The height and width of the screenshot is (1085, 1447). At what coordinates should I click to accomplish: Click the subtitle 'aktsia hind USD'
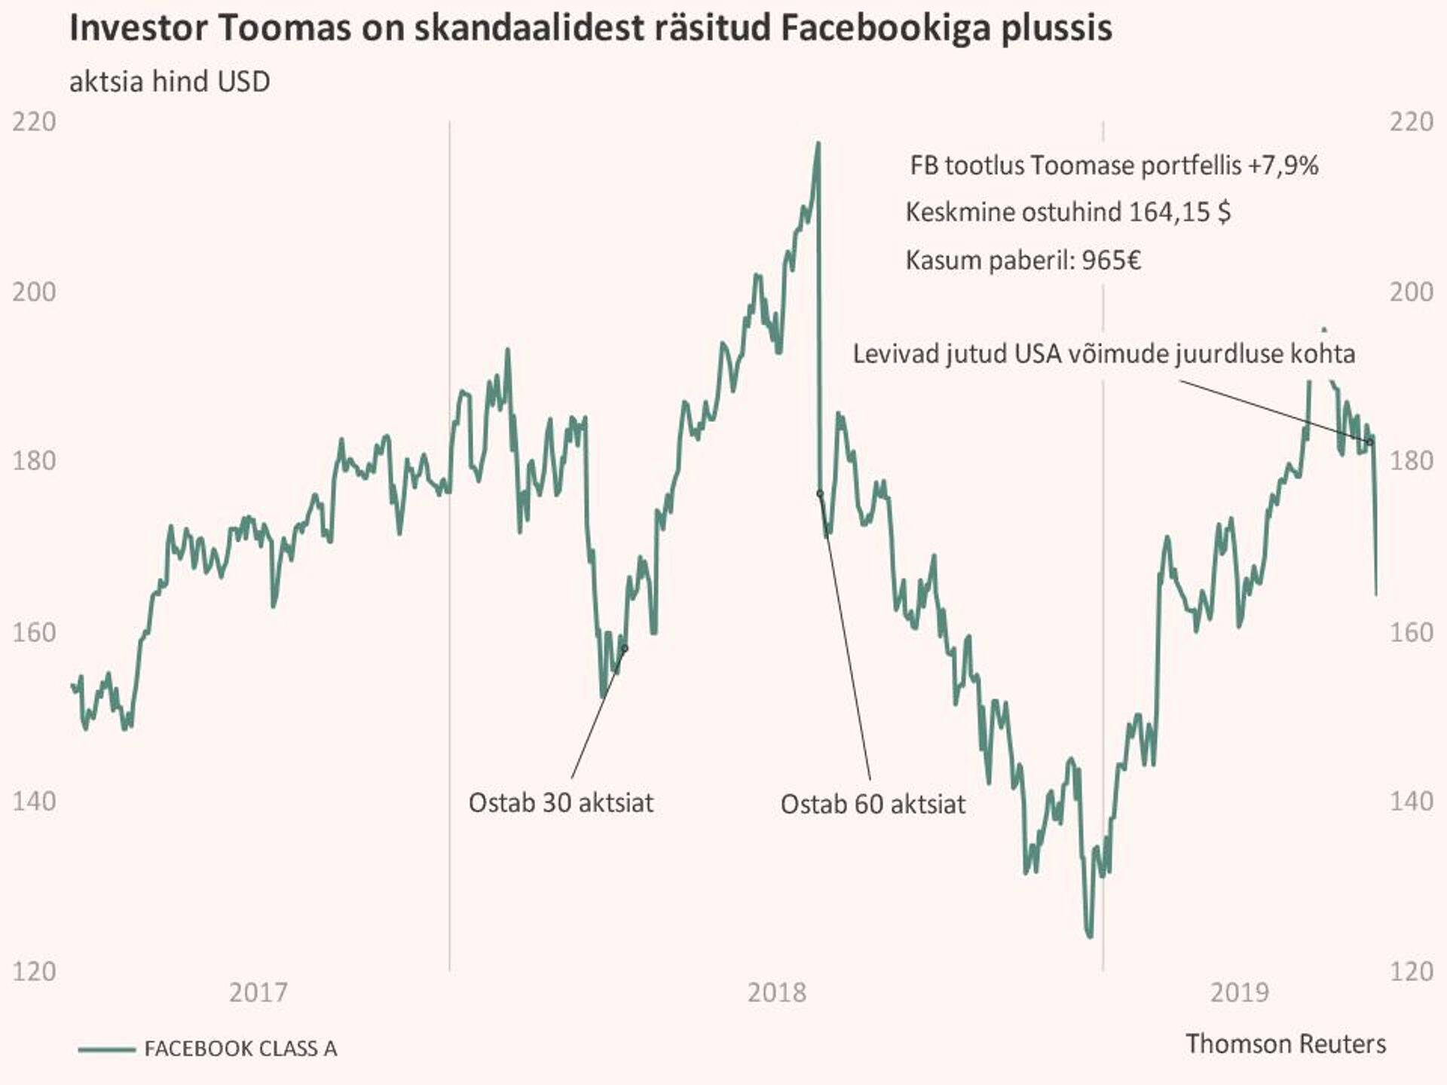click(170, 81)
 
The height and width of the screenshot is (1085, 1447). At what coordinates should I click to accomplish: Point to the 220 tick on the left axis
click(34, 122)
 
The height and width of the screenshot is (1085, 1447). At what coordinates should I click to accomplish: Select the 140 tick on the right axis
click(1411, 801)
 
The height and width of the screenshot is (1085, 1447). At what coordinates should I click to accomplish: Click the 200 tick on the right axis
click(1411, 292)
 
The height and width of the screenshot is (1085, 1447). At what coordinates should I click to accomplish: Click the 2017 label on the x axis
click(259, 992)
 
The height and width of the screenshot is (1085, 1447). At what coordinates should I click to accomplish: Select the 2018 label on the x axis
click(777, 992)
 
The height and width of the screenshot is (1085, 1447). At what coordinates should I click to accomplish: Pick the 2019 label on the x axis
click(1240, 992)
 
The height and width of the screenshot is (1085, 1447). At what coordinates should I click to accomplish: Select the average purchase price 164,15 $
click(1179, 212)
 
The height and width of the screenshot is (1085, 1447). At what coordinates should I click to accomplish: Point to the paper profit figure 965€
click(1111, 261)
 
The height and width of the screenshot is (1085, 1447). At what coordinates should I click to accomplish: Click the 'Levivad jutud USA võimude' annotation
click(1103, 353)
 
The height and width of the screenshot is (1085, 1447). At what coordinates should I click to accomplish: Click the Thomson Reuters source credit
click(1286, 1044)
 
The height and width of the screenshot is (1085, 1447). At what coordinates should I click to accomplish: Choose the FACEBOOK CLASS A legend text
click(240, 1049)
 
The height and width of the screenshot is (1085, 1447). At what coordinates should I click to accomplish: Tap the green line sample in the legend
click(106, 1049)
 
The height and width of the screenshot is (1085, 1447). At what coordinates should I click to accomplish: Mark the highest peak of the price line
click(818, 143)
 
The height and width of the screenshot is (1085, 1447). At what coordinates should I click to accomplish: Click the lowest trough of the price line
click(1090, 937)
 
